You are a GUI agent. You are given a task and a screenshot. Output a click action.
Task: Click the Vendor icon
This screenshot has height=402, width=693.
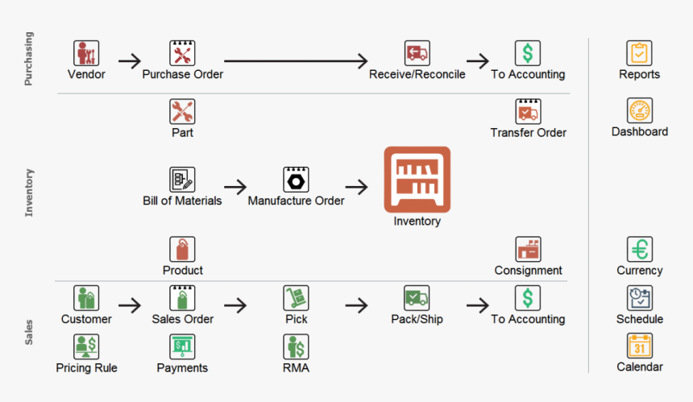[x=86, y=53]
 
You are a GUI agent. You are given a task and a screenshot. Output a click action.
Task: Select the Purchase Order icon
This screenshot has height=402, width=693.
[x=182, y=53]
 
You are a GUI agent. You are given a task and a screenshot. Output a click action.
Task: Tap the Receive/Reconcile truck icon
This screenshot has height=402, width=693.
[x=417, y=53]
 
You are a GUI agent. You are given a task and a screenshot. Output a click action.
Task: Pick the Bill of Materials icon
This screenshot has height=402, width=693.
[x=182, y=179]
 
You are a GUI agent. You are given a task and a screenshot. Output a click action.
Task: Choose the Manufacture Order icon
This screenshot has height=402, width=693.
[x=296, y=179]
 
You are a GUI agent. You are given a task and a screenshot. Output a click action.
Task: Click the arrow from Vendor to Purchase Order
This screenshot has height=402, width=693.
[x=129, y=60]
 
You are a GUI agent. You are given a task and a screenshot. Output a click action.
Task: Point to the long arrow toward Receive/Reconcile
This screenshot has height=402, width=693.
[x=295, y=60]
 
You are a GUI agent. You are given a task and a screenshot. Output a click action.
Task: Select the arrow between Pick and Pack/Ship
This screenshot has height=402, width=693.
[x=356, y=305]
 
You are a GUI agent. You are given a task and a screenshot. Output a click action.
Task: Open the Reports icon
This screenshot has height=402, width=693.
[x=639, y=53]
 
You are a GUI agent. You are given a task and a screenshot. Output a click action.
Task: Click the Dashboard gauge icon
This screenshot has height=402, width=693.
[x=639, y=110]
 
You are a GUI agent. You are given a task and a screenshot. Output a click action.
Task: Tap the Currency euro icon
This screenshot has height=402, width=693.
[x=639, y=249]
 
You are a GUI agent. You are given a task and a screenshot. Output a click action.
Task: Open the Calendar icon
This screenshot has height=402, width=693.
[x=639, y=346]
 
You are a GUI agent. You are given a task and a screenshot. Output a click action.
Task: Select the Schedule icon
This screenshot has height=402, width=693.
[x=639, y=297]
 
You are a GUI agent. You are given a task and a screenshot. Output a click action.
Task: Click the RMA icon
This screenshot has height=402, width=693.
[x=296, y=346]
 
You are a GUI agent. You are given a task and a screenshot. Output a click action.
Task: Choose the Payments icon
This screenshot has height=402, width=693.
[x=182, y=346]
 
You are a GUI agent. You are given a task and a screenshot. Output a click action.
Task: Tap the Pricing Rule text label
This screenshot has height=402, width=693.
[x=86, y=368]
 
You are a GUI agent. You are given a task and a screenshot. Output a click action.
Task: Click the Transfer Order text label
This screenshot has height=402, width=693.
[x=528, y=133]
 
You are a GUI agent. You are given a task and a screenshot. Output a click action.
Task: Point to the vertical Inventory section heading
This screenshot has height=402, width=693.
[x=29, y=192]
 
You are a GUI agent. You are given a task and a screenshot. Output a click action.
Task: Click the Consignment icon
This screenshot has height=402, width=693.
[x=528, y=249]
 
